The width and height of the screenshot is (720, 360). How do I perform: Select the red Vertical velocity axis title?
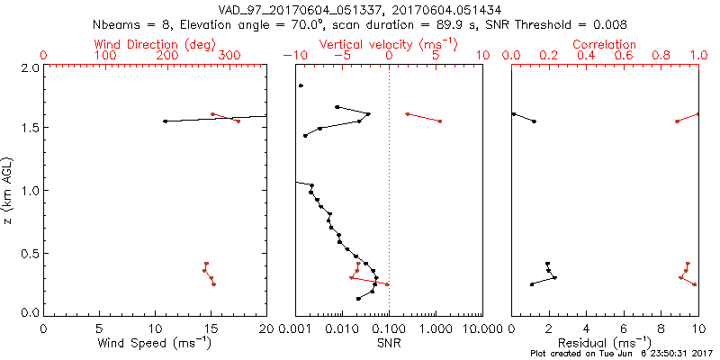click(388, 44)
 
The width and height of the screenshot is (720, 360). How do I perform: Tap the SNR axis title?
click(389, 342)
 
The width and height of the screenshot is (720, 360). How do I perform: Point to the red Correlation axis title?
click(605, 44)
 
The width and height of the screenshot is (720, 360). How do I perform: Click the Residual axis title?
click(605, 342)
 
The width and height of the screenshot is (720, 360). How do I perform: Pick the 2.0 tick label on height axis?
click(29, 67)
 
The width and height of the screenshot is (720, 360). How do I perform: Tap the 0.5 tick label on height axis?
click(29, 253)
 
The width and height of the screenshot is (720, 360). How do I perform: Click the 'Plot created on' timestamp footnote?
click(622, 354)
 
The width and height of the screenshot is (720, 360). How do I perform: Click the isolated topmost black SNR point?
click(301, 85)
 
